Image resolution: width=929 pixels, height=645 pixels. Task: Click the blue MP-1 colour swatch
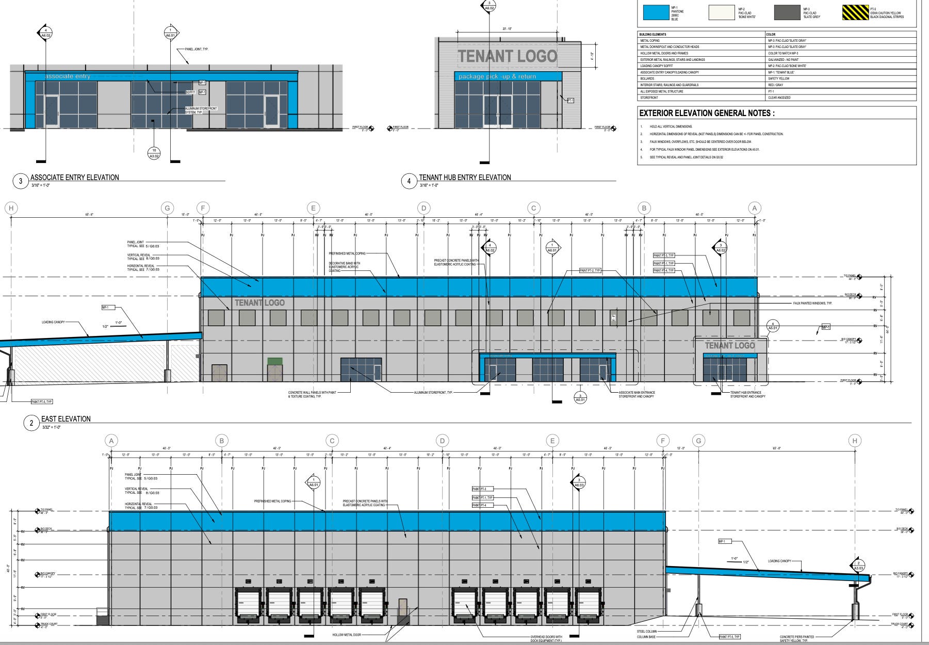(x=656, y=12)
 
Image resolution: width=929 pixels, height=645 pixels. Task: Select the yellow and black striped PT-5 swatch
(x=855, y=12)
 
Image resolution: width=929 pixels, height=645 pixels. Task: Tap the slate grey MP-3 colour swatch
(x=787, y=12)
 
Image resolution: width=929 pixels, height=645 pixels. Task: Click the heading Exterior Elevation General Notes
(x=706, y=113)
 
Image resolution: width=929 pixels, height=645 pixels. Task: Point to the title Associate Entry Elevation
(x=75, y=178)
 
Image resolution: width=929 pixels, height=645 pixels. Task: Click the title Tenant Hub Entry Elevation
(x=465, y=178)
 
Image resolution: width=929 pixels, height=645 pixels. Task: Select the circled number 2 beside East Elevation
(x=31, y=423)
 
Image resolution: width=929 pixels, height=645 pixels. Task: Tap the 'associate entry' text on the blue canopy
(x=68, y=76)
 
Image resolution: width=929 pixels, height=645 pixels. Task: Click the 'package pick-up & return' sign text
(x=497, y=76)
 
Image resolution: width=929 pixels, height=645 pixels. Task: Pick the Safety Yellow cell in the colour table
(x=779, y=78)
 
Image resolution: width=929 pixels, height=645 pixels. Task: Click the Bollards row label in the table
(x=647, y=78)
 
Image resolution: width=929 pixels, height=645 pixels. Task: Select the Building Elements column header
(x=653, y=34)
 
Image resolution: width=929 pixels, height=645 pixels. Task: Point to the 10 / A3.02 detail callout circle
(x=154, y=153)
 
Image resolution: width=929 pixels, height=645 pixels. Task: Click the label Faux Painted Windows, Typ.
(x=812, y=303)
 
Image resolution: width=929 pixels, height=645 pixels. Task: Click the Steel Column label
(x=647, y=631)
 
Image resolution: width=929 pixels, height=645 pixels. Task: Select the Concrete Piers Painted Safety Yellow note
(x=797, y=638)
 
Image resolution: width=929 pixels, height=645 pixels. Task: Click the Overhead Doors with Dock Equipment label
(x=546, y=638)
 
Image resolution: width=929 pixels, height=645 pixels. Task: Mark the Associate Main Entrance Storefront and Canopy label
(x=637, y=394)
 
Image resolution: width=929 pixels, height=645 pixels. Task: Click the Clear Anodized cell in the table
(x=779, y=98)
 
